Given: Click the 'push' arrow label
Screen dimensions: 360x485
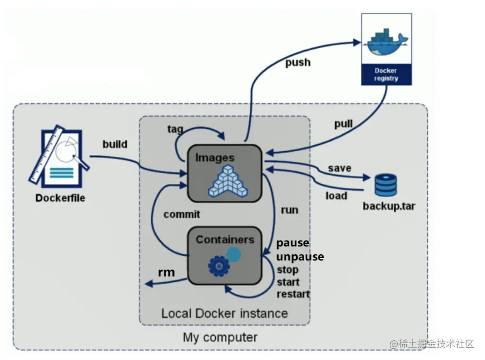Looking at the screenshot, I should pos(298,63).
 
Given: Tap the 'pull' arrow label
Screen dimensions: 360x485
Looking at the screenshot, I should pos(343,125).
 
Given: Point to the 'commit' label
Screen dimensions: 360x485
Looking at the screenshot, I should pos(181,214).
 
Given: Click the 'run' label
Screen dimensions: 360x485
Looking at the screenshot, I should pos(289,210).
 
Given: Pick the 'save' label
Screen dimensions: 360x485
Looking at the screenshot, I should pos(339,168).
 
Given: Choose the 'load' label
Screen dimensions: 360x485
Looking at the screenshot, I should pos(336,196).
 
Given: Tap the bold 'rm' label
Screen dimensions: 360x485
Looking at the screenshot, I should pos(167,272).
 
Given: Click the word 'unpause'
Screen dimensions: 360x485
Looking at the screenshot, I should pos(300,257).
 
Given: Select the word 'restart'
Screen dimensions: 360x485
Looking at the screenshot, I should pos(293,294).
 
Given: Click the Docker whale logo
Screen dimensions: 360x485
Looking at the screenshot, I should pos(386,43).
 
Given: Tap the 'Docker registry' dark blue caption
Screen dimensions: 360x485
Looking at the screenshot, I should pos(386,75).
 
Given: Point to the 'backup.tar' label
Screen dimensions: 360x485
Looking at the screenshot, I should pos(389,206).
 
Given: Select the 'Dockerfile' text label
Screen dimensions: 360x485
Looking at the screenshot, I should pos(60,199).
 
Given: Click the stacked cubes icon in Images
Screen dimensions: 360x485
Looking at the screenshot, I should pos(228,179).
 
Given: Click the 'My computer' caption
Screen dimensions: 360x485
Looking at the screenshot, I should pos(220,337).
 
